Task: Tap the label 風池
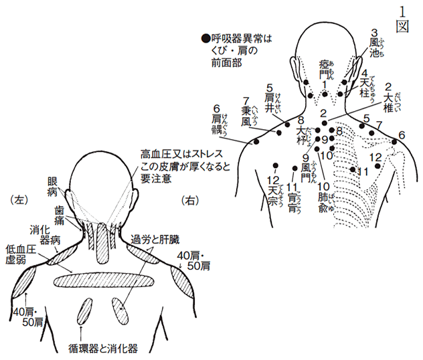pos(375,46)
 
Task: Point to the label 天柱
pos(365,82)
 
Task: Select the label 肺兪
pos(324,198)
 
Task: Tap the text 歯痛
pos(61,213)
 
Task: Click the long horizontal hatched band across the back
pos(102,280)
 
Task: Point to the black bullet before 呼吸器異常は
pos(205,38)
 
